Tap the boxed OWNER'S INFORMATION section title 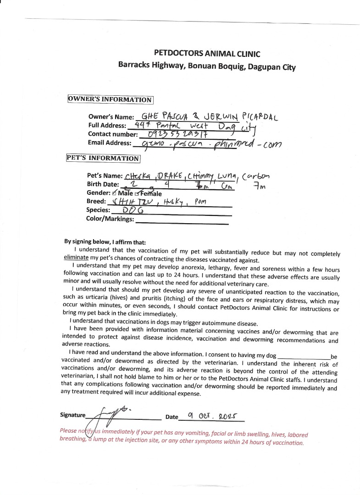tap(110, 99)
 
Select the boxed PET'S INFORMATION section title tap(103, 158)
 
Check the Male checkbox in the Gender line tap(114, 193)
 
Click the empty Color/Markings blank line tap(182, 222)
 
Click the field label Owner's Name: tap(111, 117)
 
